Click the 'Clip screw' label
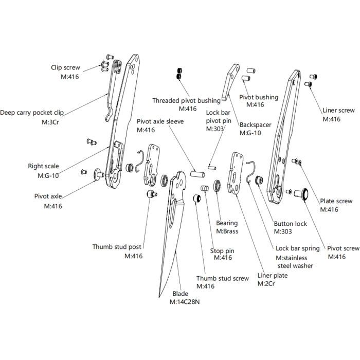click(x=65, y=67)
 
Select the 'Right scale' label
click(x=43, y=166)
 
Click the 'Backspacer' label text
click(x=256, y=124)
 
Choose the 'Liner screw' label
click(x=338, y=110)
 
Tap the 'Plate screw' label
click(x=336, y=201)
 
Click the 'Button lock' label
click(x=290, y=224)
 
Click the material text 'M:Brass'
click(x=227, y=231)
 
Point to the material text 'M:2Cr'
click(x=266, y=284)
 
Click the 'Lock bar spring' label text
click(x=297, y=248)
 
